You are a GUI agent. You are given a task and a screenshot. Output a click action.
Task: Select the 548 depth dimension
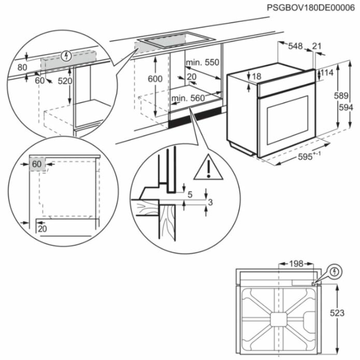[295, 47]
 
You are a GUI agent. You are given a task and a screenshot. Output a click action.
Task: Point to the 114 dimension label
[326, 74]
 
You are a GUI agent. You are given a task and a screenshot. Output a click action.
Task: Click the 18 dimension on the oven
[256, 77]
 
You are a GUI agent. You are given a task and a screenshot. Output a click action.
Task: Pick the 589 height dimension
[339, 96]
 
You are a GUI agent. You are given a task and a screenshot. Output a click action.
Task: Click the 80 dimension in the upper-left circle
[22, 67]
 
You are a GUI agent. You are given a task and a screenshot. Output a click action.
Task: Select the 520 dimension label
[65, 81]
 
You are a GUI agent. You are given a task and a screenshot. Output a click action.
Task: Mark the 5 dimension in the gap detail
[190, 195]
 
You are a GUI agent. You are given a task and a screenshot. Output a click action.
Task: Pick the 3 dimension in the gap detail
[209, 202]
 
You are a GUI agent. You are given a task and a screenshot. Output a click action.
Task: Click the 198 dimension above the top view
[295, 264]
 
